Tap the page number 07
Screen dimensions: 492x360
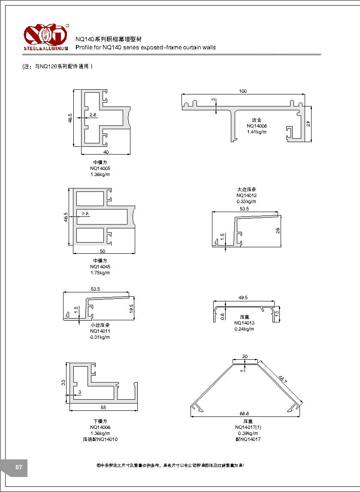pos(18,467)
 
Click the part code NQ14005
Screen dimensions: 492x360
pos(97,168)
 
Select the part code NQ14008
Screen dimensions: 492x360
pos(257,126)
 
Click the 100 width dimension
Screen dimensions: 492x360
pos(243,91)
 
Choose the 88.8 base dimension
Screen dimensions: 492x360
pos(245,413)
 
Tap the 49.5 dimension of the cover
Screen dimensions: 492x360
pos(243,298)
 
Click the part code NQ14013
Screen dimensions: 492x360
pos(244,323)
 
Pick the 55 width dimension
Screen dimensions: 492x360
pos(103,407)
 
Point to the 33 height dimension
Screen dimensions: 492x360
pos(63,382)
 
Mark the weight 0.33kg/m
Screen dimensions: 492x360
pos(246,201)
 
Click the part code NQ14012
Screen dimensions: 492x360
pos(246,195)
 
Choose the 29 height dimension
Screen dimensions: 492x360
pos(308,124)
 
